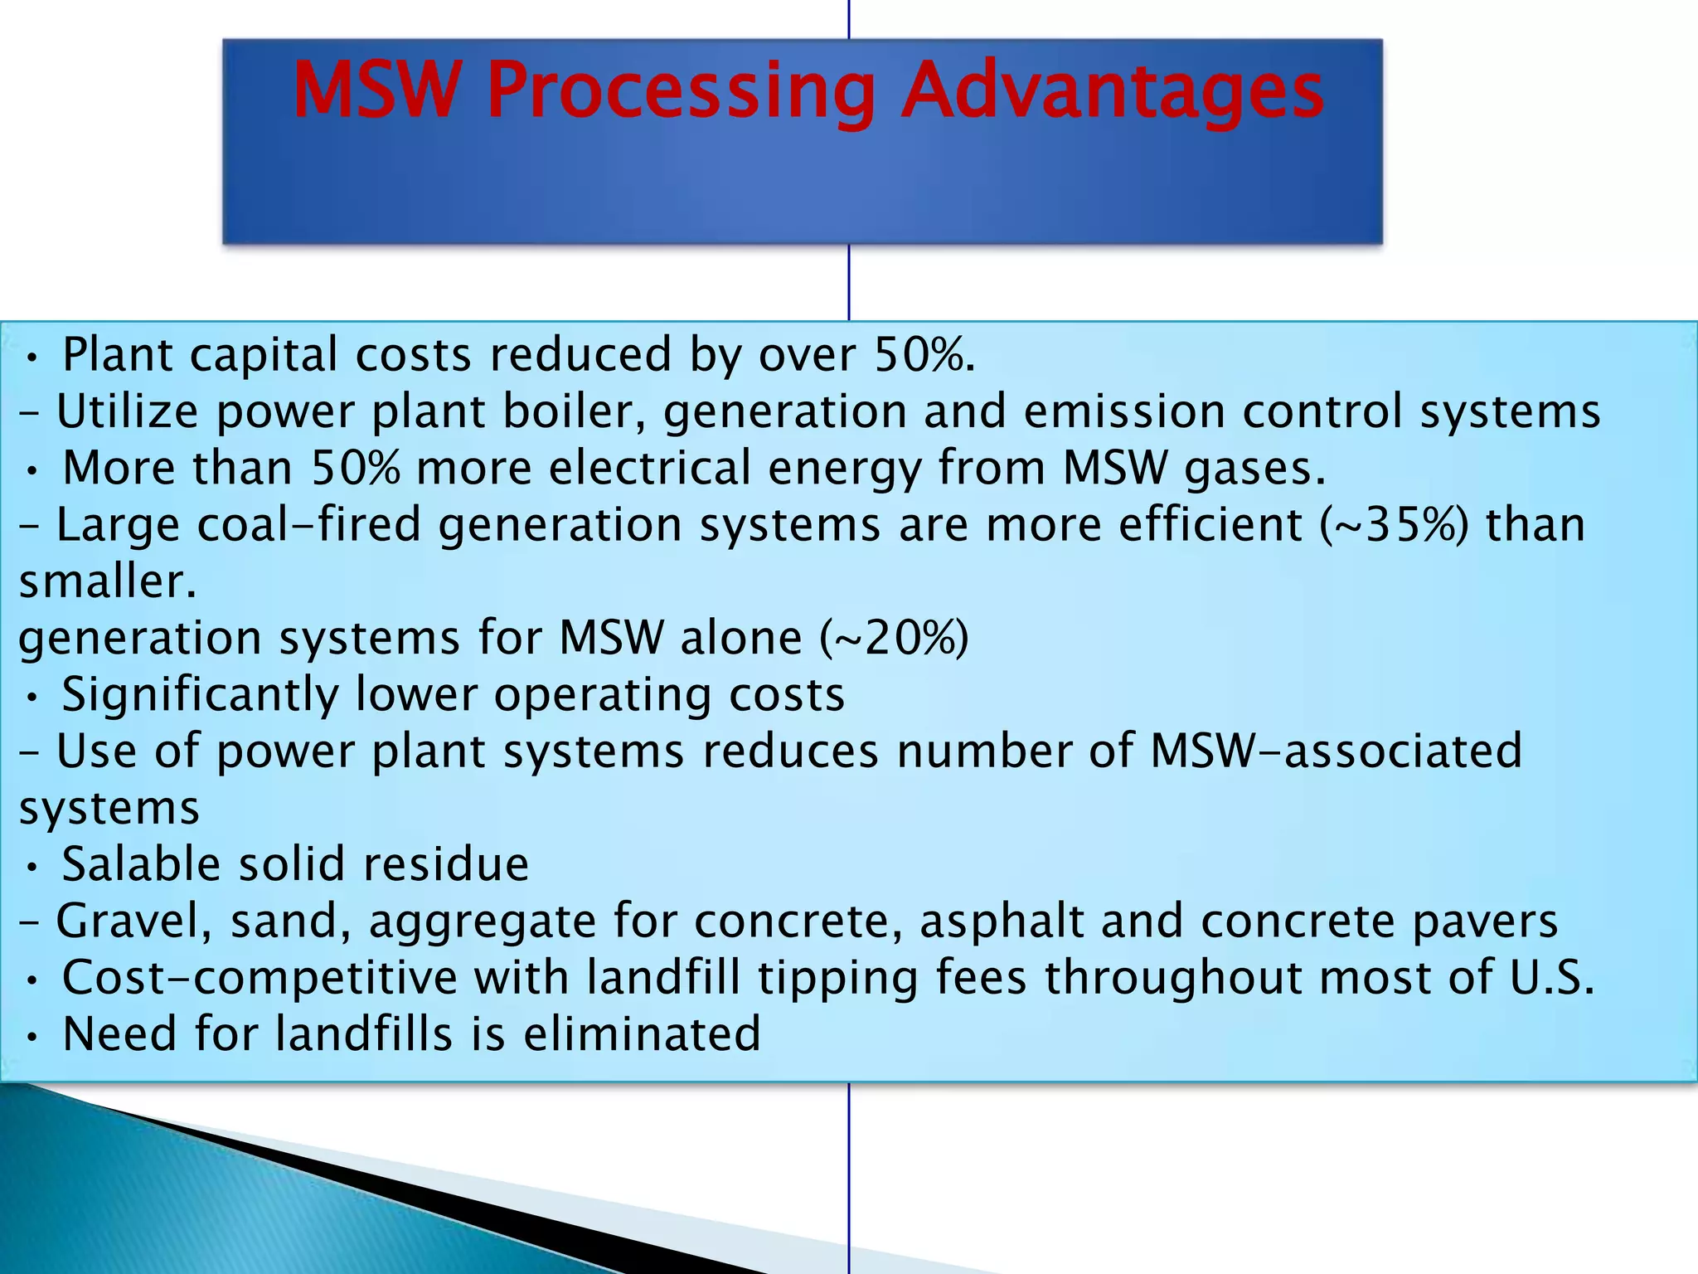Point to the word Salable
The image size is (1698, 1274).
(141, 864)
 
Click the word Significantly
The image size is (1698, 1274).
(200, 694)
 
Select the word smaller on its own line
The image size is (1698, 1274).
(106, 581)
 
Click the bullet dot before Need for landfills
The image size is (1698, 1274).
(32, 1038)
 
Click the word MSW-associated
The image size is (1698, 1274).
(1336, 751)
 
